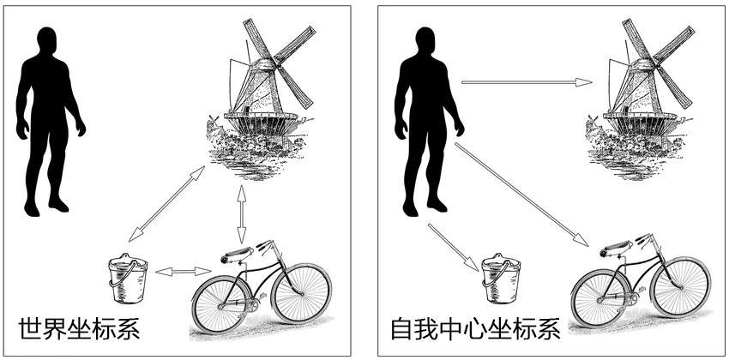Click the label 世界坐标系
pyautogui.click(x=80, y=329)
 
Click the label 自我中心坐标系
pyautogui.click(x=475, y=329)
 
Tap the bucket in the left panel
pyautogui.click(x=128, y=279)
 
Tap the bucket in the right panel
pyautogui.click(x=501, y=279)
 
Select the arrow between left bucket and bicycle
pyautogui.click(x=184, y=271)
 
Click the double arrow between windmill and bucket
pyautogui.click(x=166, y=203)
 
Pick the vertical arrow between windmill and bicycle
pyautogui.click(x=241, y=214)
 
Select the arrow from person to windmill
pyautogui.click(x=527, y=82)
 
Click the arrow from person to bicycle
pyautogui.click(x=521, y=195)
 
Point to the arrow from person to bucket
pyautogui.click(x=453, y=247)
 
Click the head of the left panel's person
pyautogui.click(x=46, y=40)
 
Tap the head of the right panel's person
pyautogui.click(x=425, y=40)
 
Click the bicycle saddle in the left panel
pyautogui.click(x=237, y=254)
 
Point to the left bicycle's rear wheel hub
pyautogui.click(x=221, y=305)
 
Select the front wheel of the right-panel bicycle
pyautogui.click(x=680, y=286)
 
